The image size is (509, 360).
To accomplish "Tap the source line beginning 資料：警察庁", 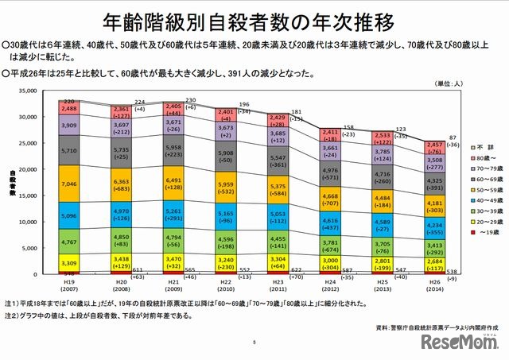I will pos(430,327).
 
